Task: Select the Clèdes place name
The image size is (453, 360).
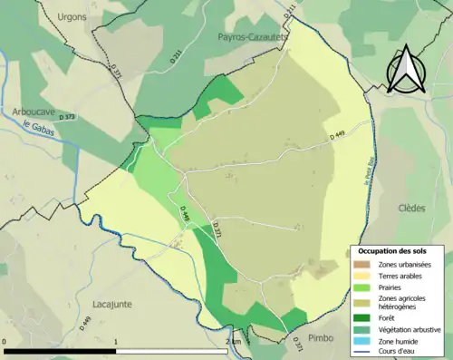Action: click(x=410, y=208)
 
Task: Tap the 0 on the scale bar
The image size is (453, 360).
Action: click(x=5, y=341)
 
